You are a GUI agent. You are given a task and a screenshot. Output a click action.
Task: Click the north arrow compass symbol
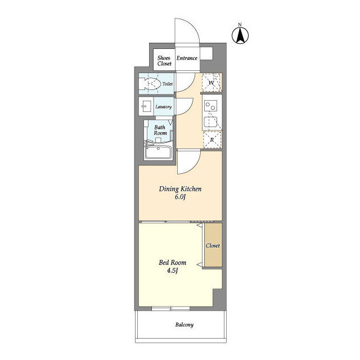click(x=240, y=35)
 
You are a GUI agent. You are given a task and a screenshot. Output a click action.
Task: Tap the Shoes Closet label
click(x=164, y=61)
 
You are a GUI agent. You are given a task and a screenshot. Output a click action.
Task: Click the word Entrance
click(x=187, y=58)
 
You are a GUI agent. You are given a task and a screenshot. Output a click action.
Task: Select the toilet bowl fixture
click(x=151, y=84)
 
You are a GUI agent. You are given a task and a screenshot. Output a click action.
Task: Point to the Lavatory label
click(x=164, y=107)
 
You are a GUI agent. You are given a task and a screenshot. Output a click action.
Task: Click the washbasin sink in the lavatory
click(x=146, y=106)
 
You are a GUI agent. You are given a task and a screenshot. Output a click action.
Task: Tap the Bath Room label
click(x=160, y=130)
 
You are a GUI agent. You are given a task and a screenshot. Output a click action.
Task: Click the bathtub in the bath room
click(x=159, y=152)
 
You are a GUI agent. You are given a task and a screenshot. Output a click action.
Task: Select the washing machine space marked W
click(x=211, y=83)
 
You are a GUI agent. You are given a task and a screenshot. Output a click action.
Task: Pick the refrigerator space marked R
click(x=213, y=139)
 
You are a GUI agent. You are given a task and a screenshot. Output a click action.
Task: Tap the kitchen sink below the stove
click(x=211, y=122)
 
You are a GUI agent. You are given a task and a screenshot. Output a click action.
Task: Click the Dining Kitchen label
click(x=180, y=189)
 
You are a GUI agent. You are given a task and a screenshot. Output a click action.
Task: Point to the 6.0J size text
click(x=180, y=197)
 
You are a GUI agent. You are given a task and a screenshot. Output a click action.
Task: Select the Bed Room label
click(x=173, y=263)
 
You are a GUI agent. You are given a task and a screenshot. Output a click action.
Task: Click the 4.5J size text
click(x=173, y=271)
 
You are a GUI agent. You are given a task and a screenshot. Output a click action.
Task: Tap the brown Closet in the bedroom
click(x=213, y=245)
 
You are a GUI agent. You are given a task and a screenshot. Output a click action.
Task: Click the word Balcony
click(x=184, y=325)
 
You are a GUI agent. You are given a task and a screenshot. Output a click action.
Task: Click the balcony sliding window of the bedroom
click(x=171, y=309)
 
